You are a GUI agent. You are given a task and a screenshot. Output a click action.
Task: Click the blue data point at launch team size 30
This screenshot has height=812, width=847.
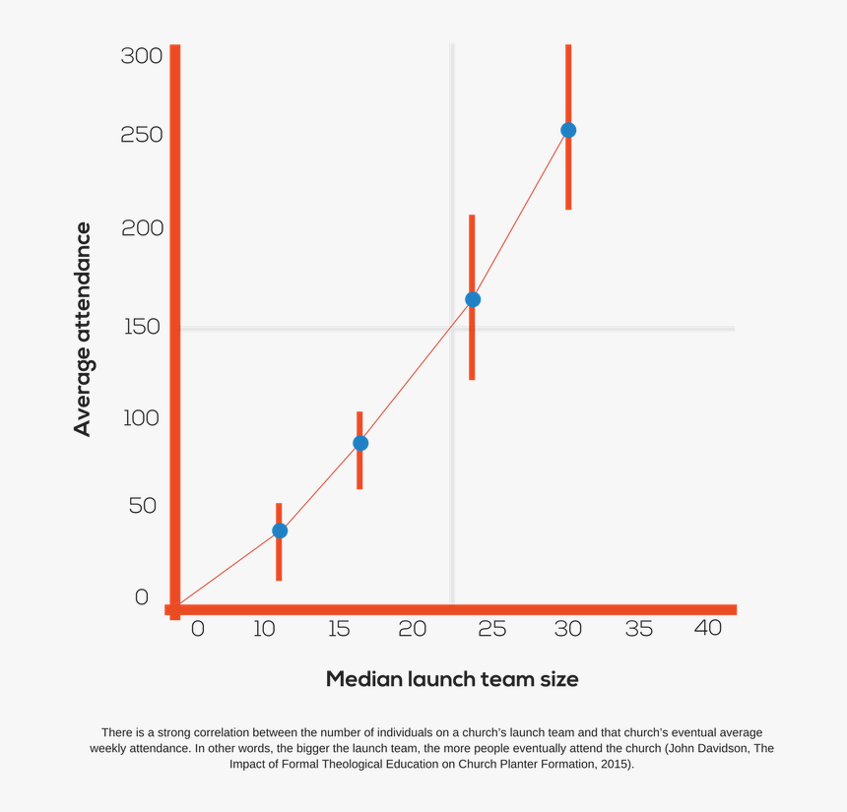pos(568,130)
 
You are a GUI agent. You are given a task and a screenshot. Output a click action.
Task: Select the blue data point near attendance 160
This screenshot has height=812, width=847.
pos(473,299)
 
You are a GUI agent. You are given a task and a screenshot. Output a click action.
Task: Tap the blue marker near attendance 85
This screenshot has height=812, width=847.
pos(360,443)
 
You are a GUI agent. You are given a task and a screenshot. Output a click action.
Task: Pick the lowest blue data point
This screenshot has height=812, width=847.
pos(280,531)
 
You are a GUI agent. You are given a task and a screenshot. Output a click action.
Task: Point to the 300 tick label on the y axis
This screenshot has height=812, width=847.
pos(141,56)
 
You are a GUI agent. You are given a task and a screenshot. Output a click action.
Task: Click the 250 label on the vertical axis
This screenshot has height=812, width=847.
pos(141,135)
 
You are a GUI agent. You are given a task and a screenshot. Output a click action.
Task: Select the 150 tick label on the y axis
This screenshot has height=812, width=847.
pos(141,327)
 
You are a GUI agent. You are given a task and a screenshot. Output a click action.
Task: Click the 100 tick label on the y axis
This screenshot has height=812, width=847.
pos(141,417)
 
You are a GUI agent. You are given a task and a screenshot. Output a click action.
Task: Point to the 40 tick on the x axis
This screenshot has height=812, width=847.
pos(707,628)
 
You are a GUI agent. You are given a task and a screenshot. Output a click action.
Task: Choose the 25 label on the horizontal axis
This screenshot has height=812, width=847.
pos(491,628)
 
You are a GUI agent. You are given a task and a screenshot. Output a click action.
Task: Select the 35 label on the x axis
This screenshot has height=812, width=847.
pos(638,628)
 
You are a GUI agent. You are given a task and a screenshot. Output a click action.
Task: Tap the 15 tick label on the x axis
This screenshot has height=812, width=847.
pos(340,628)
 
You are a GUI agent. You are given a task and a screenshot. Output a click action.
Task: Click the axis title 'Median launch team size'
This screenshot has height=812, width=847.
pos(452,679)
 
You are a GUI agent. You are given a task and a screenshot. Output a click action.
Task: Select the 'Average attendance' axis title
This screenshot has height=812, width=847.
pos(83,330)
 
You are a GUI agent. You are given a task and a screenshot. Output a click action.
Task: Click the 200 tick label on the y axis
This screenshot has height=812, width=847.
pos(141,228)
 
